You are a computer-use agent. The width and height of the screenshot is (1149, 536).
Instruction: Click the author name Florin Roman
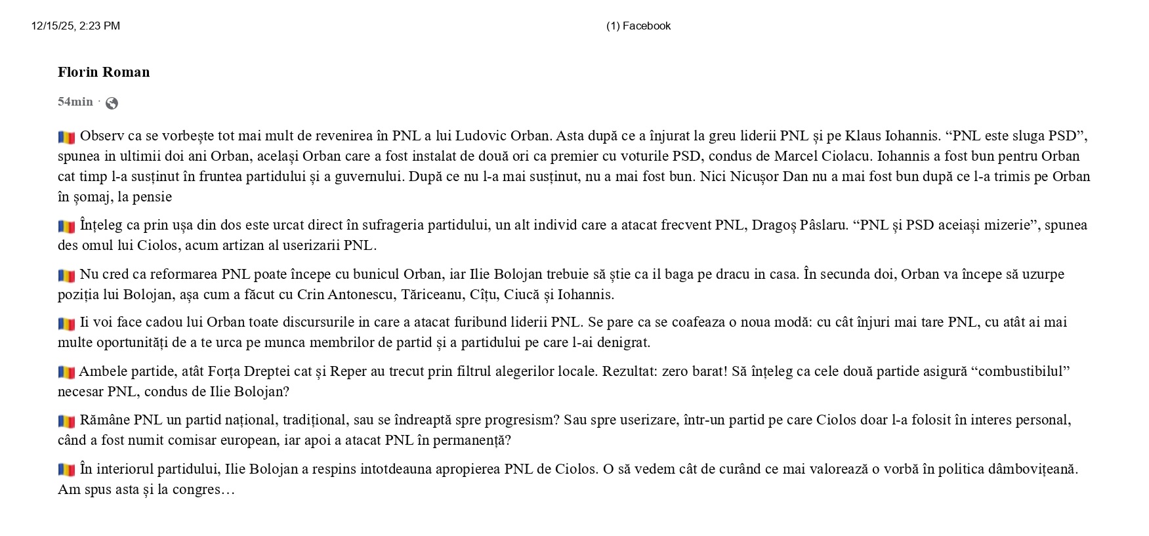[x=104, y=72]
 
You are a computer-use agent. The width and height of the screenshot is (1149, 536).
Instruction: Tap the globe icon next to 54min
[x=112, y=103]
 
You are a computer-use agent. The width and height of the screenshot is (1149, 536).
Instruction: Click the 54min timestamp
[x=75, y=102]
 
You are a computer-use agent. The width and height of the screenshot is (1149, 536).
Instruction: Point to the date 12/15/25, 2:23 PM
[x=75, y=26]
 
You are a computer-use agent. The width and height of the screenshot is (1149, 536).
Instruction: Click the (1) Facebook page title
[x=638, y=26]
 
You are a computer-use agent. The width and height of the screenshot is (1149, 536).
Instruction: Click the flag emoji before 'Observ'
[x=66, y=137]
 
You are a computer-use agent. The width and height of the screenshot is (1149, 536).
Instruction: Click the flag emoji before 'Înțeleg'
[x=66, y=226]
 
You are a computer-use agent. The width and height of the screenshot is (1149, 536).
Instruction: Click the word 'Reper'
[x=348, y=371]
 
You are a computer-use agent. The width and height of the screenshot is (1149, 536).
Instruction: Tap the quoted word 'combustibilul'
[x=1020, y=371]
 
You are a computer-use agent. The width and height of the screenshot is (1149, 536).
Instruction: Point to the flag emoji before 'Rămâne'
[x=66, y=421]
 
